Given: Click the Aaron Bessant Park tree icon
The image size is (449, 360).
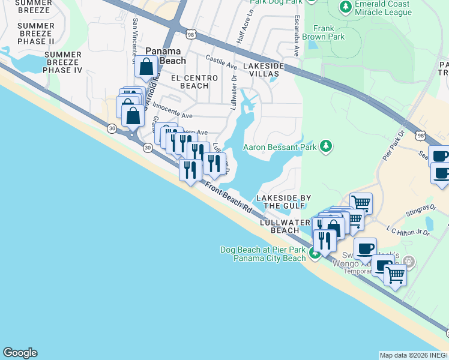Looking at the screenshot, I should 326,146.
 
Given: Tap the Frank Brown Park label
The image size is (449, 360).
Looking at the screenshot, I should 328,32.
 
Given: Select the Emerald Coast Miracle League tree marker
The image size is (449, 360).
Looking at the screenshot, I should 345,7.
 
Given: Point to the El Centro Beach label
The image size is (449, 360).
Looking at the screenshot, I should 190,82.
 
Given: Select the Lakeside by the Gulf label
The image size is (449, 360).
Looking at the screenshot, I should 283,202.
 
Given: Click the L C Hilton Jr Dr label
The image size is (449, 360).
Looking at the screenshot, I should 408,231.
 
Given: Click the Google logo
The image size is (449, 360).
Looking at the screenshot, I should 20,353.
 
